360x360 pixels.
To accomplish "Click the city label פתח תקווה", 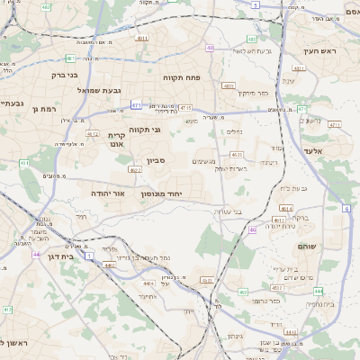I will [x=185, y=77].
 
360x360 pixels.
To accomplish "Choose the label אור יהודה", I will [x=106, y=193].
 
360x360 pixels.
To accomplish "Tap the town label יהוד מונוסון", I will [x=162, y=193].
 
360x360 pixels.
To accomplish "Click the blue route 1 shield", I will [x=89, y=256].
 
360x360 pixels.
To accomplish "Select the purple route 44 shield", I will [x=36, y=255].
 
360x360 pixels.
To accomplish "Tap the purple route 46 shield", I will [x=253, y=230].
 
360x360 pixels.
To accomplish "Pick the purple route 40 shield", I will [x=210, y=48].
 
